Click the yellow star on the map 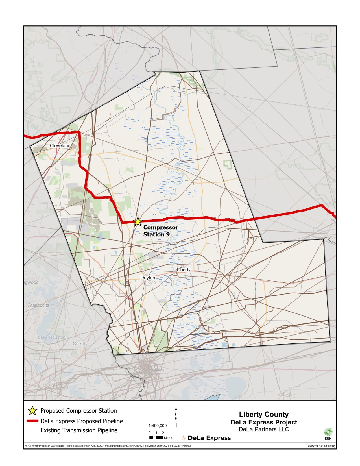coord(138,222)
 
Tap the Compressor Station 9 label coord(160,231)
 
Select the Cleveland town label coord(60,146)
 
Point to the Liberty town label coord(184,270)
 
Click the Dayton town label coord(148,278)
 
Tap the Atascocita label coord(39,305)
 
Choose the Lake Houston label coord(52,337)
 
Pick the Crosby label coord(80,344)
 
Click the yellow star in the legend coord(32,411)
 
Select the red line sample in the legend coord(32,421)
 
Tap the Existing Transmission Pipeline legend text coord(79,430)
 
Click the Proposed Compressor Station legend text coord(78,411)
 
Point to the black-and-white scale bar coord(156,438)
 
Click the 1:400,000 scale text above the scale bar coord(158,426)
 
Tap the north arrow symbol coord(176,417)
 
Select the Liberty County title coord(264,414)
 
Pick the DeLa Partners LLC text coord(264,429)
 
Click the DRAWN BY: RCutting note coord(321,446)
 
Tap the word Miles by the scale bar coord(168,438)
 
